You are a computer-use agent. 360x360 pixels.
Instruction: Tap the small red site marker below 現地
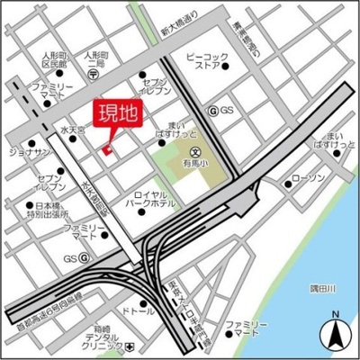coord(106,149)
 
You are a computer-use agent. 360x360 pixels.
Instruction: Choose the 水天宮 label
coord(72,130)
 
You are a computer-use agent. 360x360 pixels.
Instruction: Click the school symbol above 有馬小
coord(196,151)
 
